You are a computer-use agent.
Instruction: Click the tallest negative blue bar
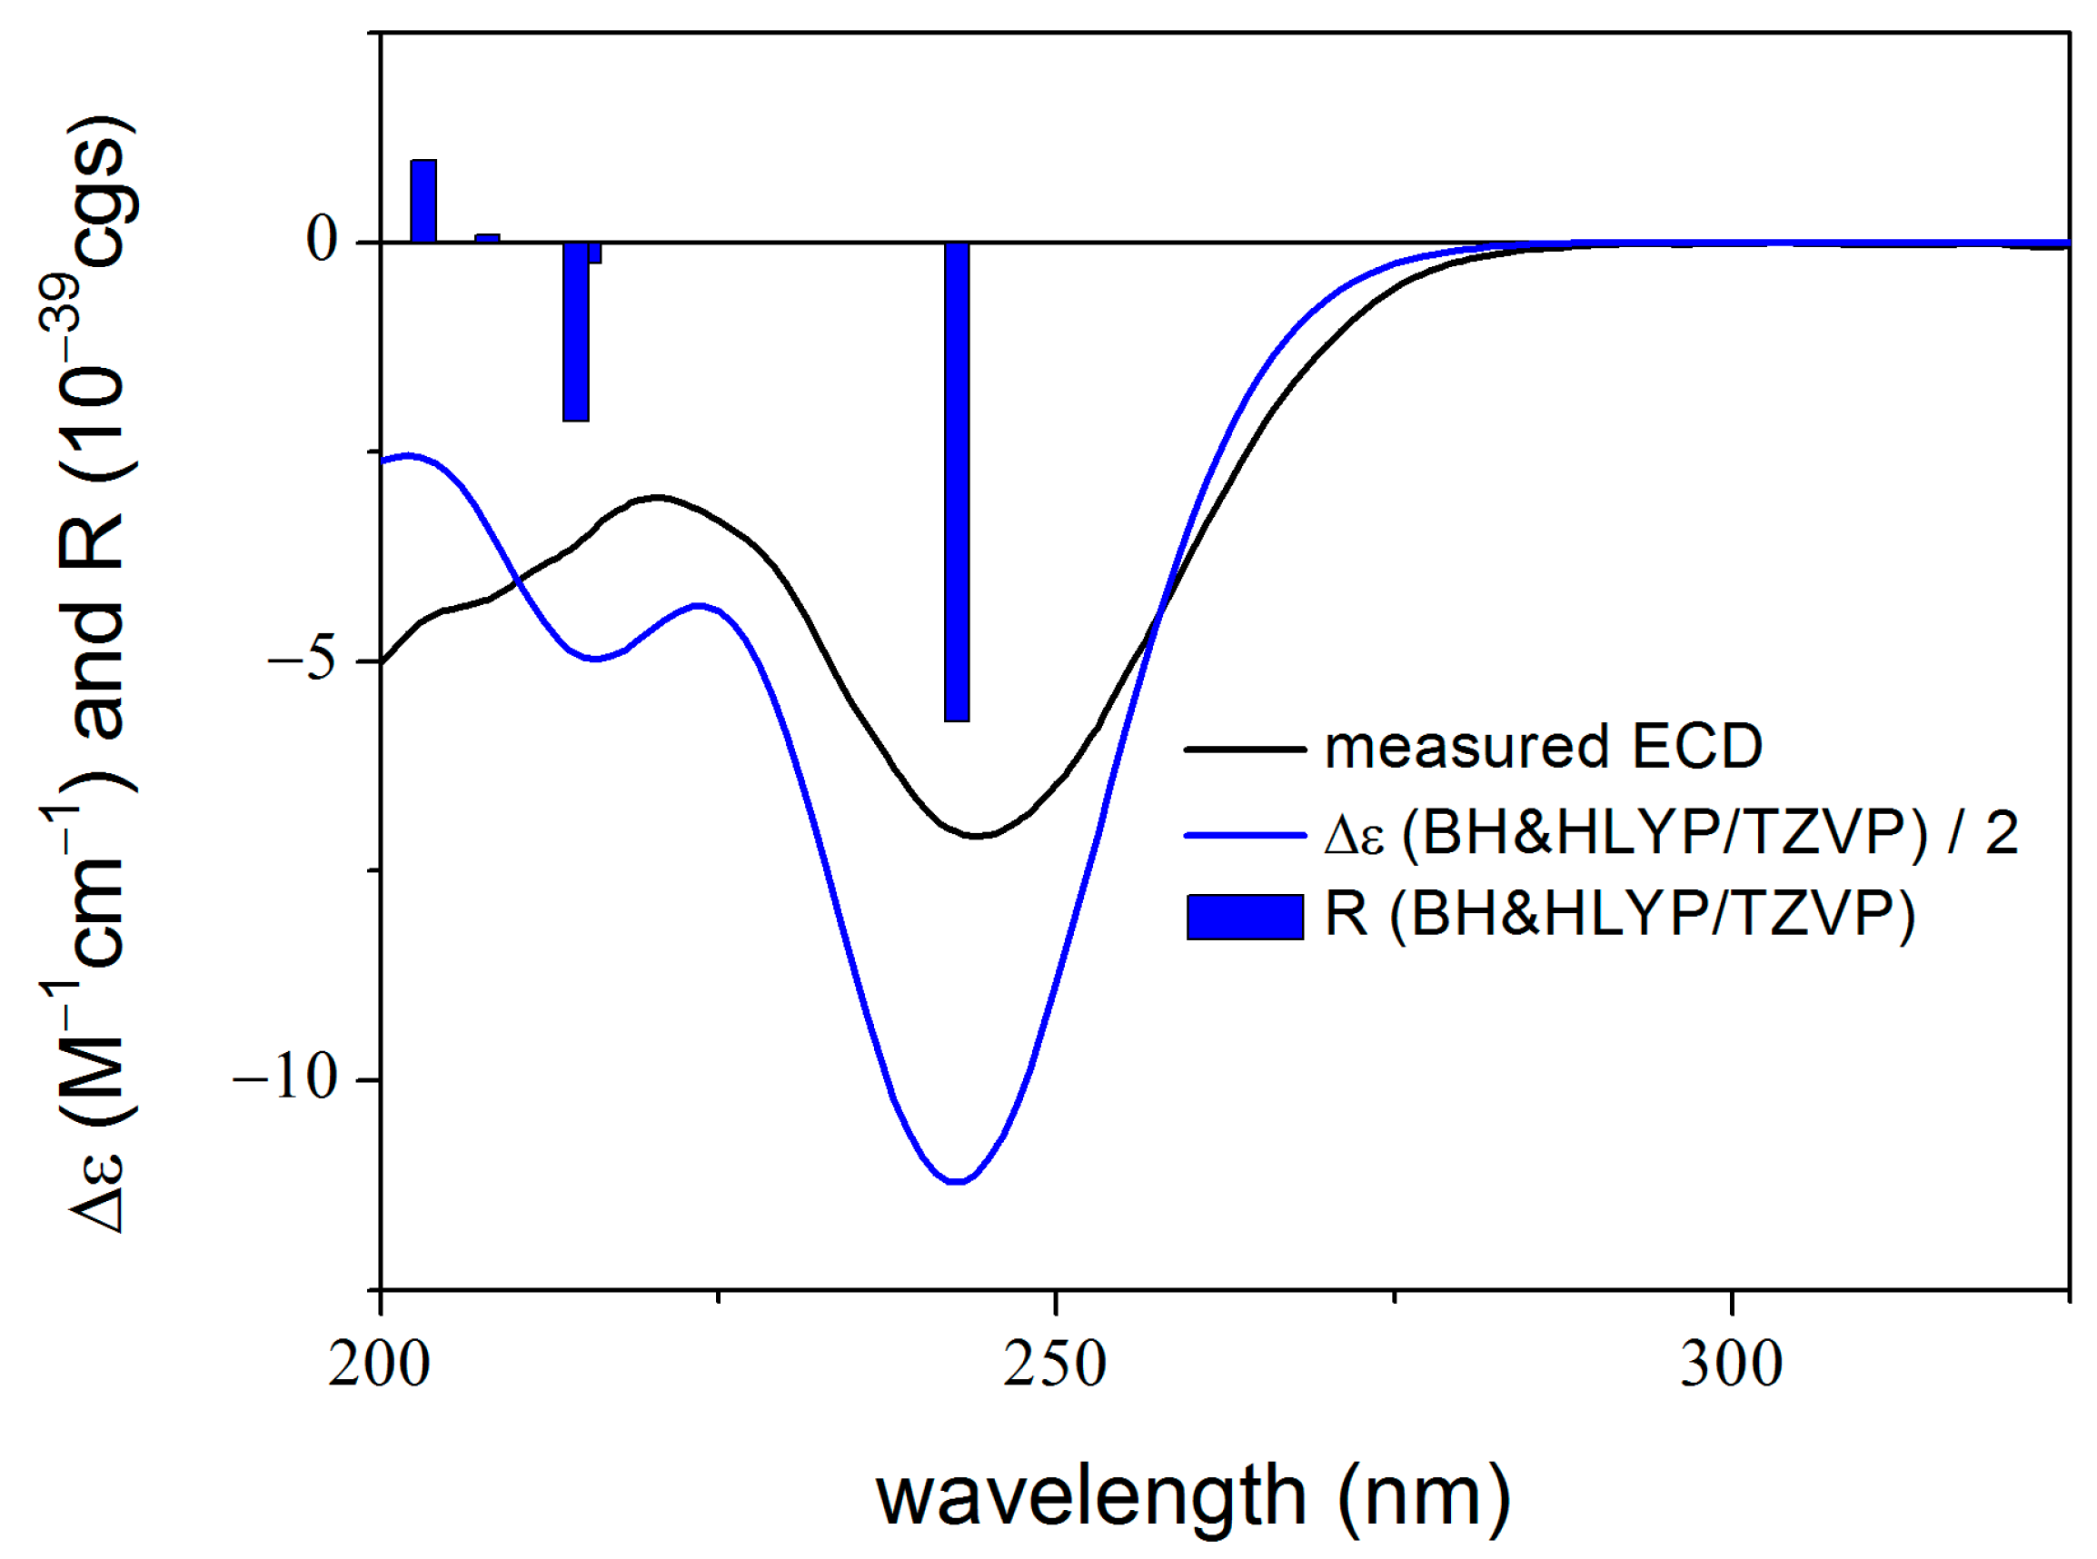coord(956,482)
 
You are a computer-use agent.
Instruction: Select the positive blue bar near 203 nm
coord(422,201)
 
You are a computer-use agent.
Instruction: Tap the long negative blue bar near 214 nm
coord(576,332)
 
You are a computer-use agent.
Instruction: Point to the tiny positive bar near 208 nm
coord(487,238)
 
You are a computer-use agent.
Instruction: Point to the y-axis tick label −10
coord(286,1077)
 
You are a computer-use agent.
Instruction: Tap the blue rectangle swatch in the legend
coord(1245,918)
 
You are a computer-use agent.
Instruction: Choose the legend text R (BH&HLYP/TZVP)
coord(1619,914)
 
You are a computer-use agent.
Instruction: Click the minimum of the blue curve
coord(956,1180)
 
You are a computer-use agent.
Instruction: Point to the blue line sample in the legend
coord(1245,834)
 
